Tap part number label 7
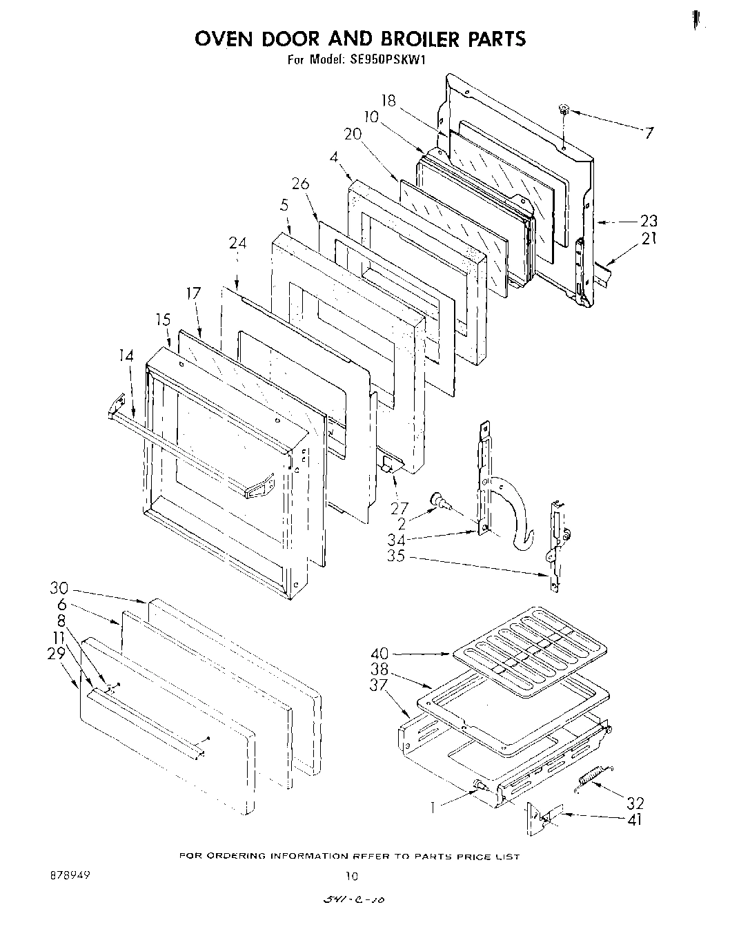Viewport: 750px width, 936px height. (648, 134)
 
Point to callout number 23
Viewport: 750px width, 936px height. (648, 222)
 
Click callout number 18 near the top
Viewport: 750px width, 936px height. (388, 101)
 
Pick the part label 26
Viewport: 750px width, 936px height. (300, 184)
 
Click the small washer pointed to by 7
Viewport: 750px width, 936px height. (564, 108)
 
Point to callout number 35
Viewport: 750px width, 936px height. (395, 555)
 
